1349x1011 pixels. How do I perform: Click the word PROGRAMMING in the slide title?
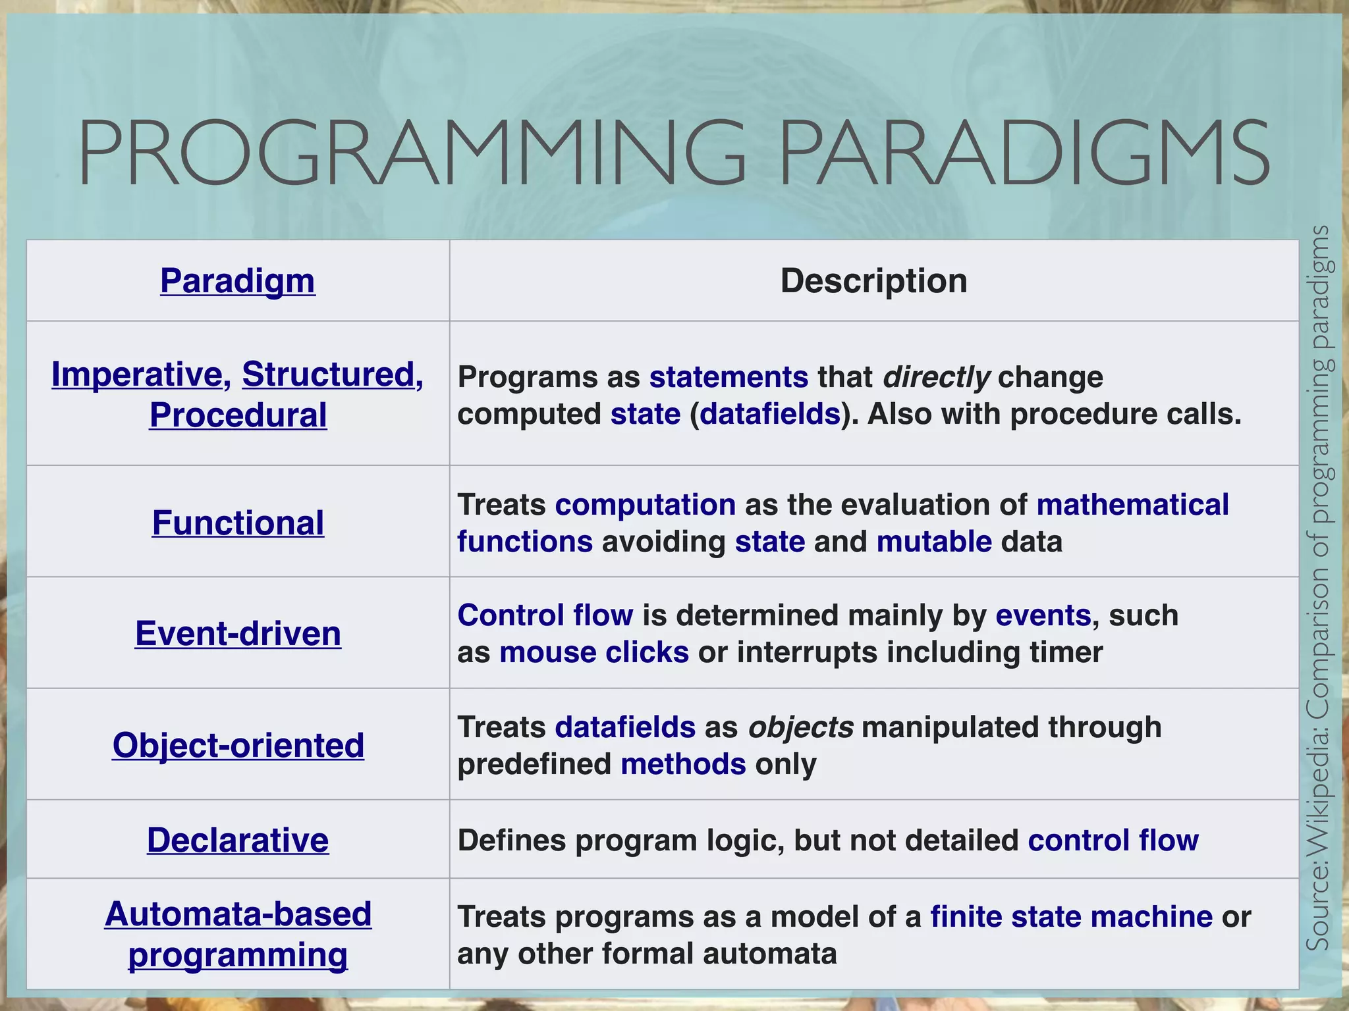pyautogui.click(x=412, y=153)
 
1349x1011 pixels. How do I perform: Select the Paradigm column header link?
pyautogui.click(x=238, y=281)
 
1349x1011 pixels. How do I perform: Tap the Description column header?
pyautogui.click(x=873, y=281)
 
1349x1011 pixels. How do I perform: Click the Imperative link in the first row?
pyautogui.click(x=137, y=375)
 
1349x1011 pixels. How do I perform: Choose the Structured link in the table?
pyautogui.click(x=328, y=375)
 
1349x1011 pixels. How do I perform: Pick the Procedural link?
pyautogui.click(x=238, y=415)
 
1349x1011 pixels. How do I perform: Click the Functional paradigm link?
pyautogui.click(x=238, y=523)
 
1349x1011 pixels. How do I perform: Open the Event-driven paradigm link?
pyautogui.click(x=238, y=634)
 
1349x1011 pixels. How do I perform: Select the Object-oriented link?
pyautogui.click(x=238, y=745)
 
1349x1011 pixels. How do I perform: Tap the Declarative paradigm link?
pyautogui.click(x=238, y=841)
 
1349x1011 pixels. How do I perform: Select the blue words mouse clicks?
pyautogui.click(x=594, y=652)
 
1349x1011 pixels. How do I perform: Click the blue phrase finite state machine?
pyautogui.click(x=1071, y=917)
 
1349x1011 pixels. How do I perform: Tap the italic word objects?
pyautogui.click(x=801, y=727)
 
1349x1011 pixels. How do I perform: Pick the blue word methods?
pyautogui.click(x=683, y=764)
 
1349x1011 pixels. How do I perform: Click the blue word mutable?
pyautogui.click(x=934, y=542)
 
